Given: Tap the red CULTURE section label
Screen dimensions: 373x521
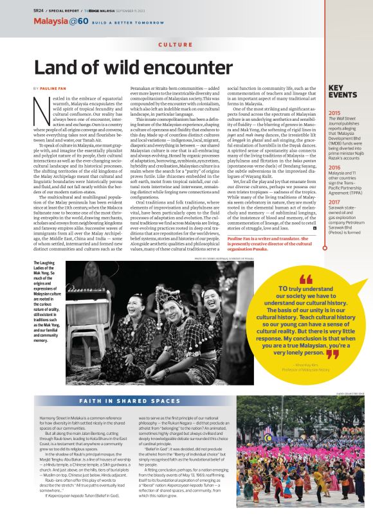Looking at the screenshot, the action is tap(175, 45).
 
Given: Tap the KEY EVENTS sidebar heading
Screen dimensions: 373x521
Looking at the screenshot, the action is tap(343, 91).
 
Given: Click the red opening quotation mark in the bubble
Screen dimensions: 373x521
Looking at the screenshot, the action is tap(305, 279).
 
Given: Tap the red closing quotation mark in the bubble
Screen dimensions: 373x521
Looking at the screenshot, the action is tap(332, 353).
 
